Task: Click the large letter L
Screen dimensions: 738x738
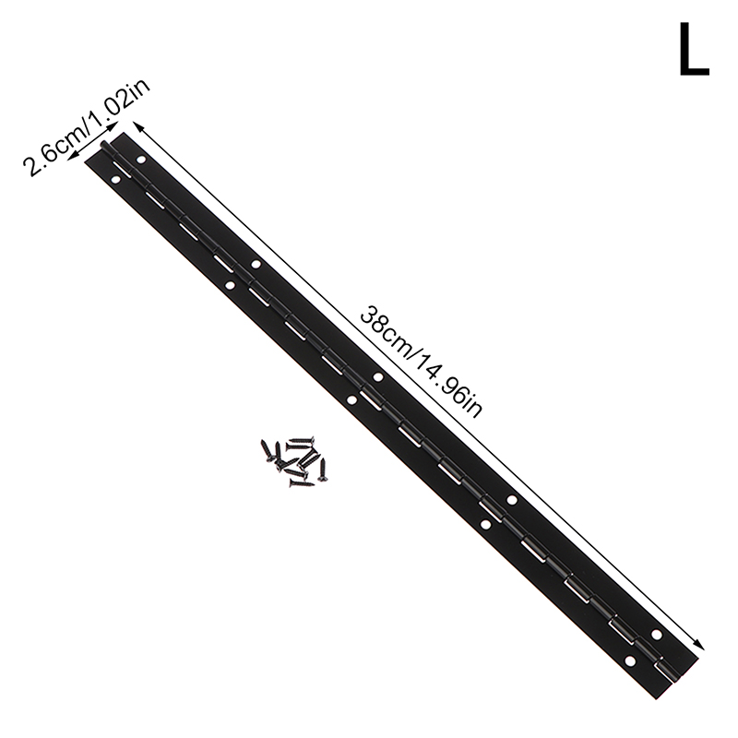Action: pos(694,50)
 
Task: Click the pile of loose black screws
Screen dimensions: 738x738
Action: pos(294,460)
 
